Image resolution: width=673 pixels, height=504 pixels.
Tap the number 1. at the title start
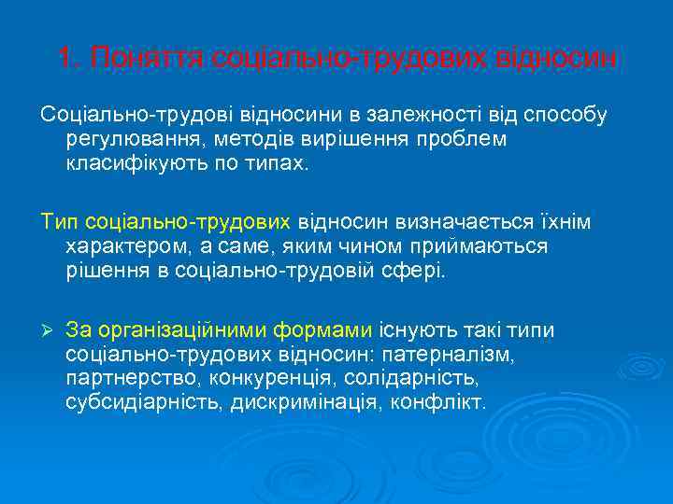pos(66,59)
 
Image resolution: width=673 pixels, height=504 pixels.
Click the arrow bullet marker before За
pos(47,331)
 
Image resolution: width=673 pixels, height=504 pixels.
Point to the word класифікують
pos(136,162)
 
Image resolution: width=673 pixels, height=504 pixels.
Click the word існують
pos(412,331)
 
